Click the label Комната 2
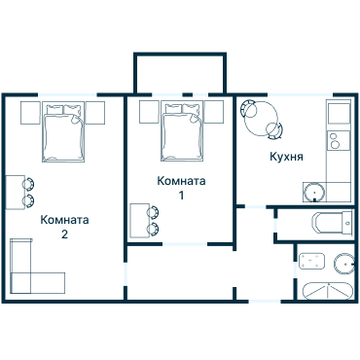(64, 227)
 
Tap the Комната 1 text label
(181, 188)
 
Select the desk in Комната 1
(139, 220)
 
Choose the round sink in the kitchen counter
(318, 191)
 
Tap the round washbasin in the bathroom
(342, 263)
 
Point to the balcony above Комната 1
(181, 73)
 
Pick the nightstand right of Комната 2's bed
(97, 112)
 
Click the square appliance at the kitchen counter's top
(338, 113)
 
